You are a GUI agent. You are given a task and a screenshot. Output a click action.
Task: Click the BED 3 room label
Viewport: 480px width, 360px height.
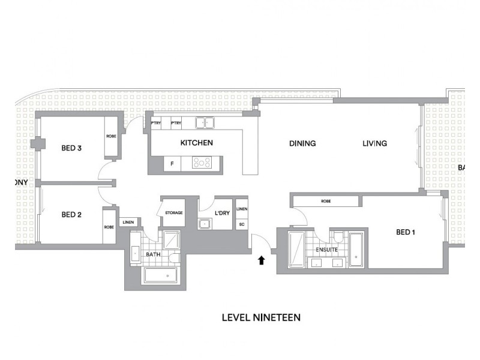click(x=71, y=149)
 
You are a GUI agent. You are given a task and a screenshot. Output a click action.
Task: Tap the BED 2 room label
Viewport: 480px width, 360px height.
click(x=71, y=214)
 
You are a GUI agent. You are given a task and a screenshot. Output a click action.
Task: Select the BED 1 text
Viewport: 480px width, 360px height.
click(x=406, y=232)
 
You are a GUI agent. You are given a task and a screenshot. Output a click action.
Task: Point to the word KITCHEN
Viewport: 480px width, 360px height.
click(x=197, y=143)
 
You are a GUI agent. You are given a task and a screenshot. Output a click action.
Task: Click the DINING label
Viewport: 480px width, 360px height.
click(x=302, y=143)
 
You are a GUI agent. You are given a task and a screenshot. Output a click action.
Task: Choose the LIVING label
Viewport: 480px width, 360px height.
click(x=374, y=143)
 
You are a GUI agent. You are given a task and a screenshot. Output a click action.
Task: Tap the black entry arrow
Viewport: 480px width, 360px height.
click(x=261, y=260)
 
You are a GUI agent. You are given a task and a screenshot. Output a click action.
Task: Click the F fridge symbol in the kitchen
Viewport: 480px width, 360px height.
click(x=172, y=163)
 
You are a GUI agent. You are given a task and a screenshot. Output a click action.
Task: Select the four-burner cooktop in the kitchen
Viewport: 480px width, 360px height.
click(x=201, y=163)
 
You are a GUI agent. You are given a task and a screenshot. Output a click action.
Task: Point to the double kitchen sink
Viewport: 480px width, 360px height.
click(x=206, y=123)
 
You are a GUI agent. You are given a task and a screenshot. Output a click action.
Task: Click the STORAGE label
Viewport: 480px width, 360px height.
click(x=174, y=213)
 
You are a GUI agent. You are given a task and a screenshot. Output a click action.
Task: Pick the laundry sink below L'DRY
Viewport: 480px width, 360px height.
click(x=205, y=224)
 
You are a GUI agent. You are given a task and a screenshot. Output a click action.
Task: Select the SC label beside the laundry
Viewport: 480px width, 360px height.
click(x=241, y=224)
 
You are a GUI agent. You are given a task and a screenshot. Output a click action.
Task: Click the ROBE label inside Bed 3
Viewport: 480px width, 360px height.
click(x=112, y=136)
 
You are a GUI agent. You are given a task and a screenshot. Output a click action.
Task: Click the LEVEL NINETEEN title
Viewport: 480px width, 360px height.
click(x=261, y=317)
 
